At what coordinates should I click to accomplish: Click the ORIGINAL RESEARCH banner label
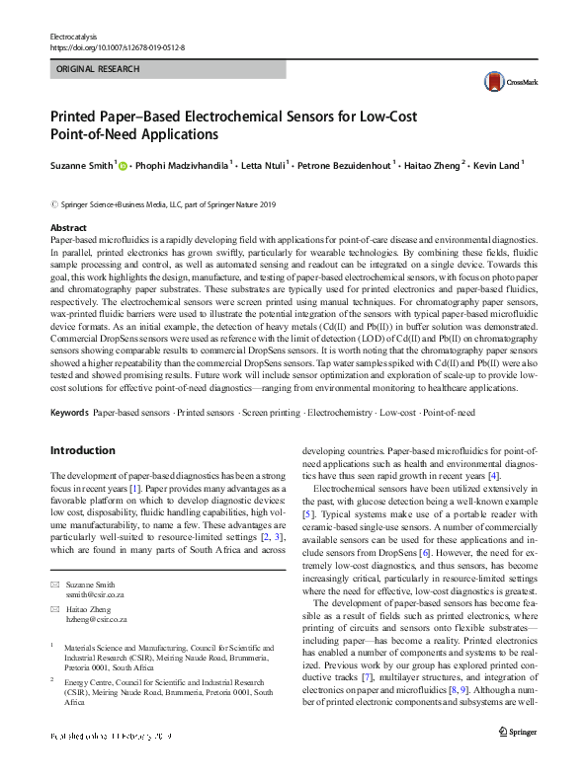(x=98, y=69)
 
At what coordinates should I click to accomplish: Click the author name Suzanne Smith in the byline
(x=82, y=166)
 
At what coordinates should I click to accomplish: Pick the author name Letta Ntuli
(x=271, y=166)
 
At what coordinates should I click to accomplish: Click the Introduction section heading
(x=82, y=451)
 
